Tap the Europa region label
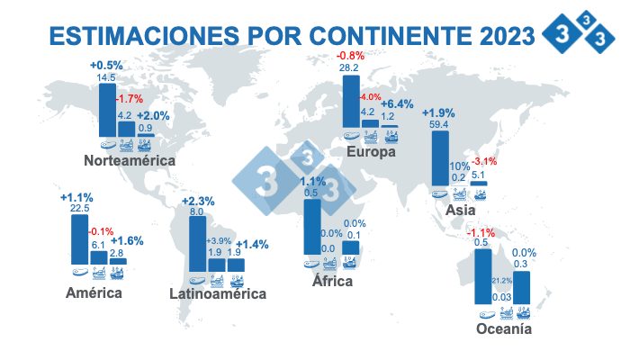371,152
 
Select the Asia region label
460,210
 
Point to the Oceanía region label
504,329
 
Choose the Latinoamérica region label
218,293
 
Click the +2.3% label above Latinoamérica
197,200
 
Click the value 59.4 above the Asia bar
440,124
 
